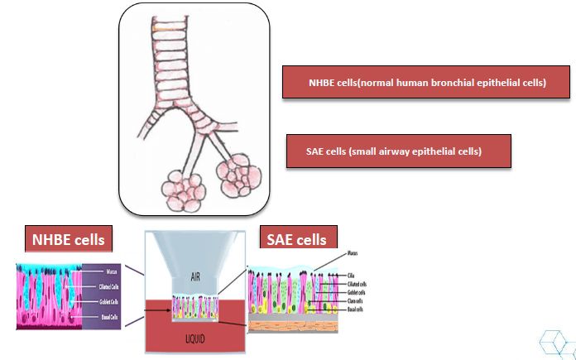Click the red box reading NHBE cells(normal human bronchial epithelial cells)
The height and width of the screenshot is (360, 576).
pyautogui.click(x=425, y=83)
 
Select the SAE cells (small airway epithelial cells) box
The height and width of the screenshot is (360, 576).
pyautogui.click(x=398, y=151)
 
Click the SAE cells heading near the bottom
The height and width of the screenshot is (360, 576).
pyautogui.click(x=297, y=240)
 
